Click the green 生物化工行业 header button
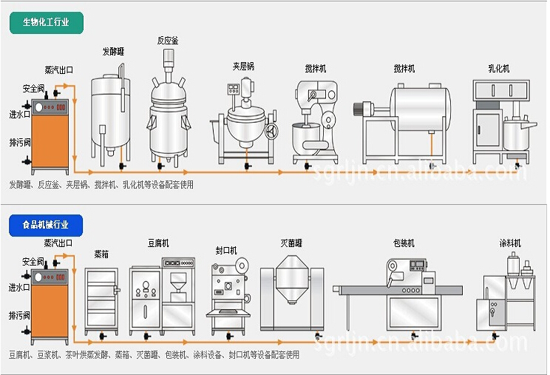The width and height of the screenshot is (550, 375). (x=47, y=22)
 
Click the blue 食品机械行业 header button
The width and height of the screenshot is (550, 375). (x=47, y=223)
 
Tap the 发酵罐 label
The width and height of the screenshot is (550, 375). (x=112, y=52)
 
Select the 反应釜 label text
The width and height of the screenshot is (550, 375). (x=167, y=40)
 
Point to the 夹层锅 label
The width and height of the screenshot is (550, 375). (x=243, y=66)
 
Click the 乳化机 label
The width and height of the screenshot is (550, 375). (x=498, y=69)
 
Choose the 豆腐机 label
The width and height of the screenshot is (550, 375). (x=158, y=243)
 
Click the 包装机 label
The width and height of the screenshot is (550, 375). (x=404, y=243)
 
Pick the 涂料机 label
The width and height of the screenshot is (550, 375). (x=510, y=243)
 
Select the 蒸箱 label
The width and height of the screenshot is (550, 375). (x=101, y=254)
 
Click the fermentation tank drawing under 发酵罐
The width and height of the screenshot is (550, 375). (x=111, y=111)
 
